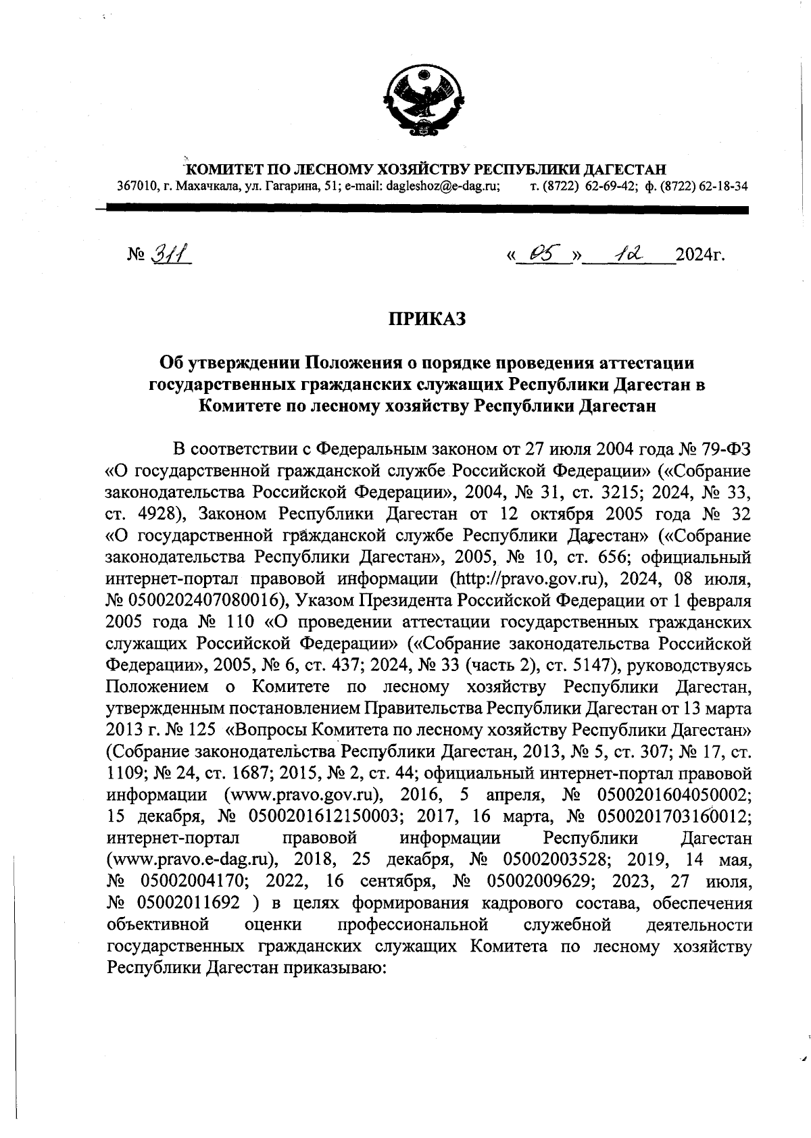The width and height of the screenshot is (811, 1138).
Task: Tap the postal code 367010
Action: pos(129,186)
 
